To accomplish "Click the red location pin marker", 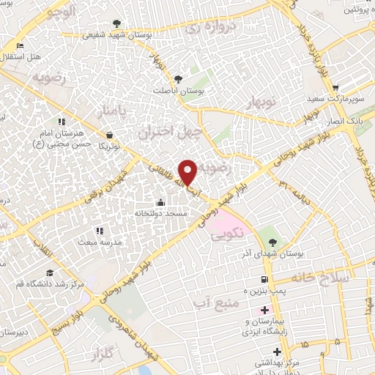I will pos(188,171).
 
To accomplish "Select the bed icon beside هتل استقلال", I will pos(20,46).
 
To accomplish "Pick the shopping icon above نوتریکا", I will pos(109,135).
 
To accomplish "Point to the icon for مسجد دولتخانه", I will pos(161,202).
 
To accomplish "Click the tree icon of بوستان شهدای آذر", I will pos(273,242).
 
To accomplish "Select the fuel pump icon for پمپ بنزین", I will pos(264,279).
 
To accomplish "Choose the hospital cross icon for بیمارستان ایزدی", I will pos(264,311).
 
